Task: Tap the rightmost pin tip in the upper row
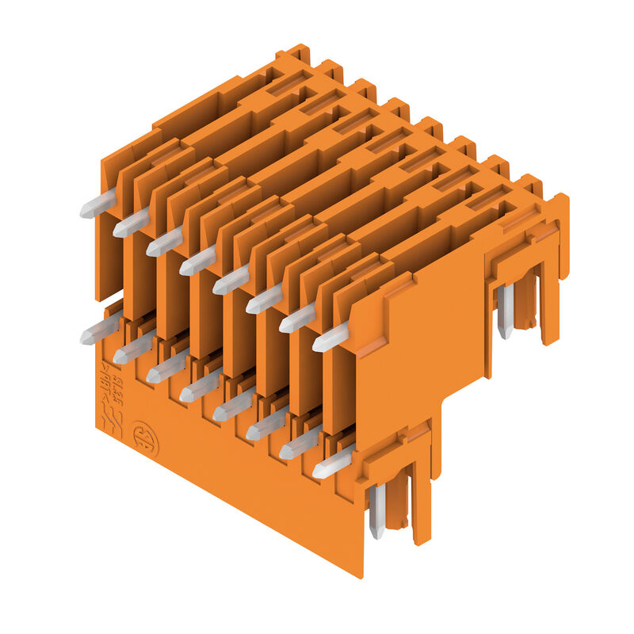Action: [319, 343]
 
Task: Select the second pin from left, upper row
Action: [119, 230]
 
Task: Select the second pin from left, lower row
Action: [119, 357]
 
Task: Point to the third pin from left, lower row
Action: [152, 376]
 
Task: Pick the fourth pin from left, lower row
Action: [185, 394]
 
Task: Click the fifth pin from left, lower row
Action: [219, 413]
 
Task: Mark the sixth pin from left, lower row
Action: [252, 433]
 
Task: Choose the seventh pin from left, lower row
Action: [285, 452]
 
